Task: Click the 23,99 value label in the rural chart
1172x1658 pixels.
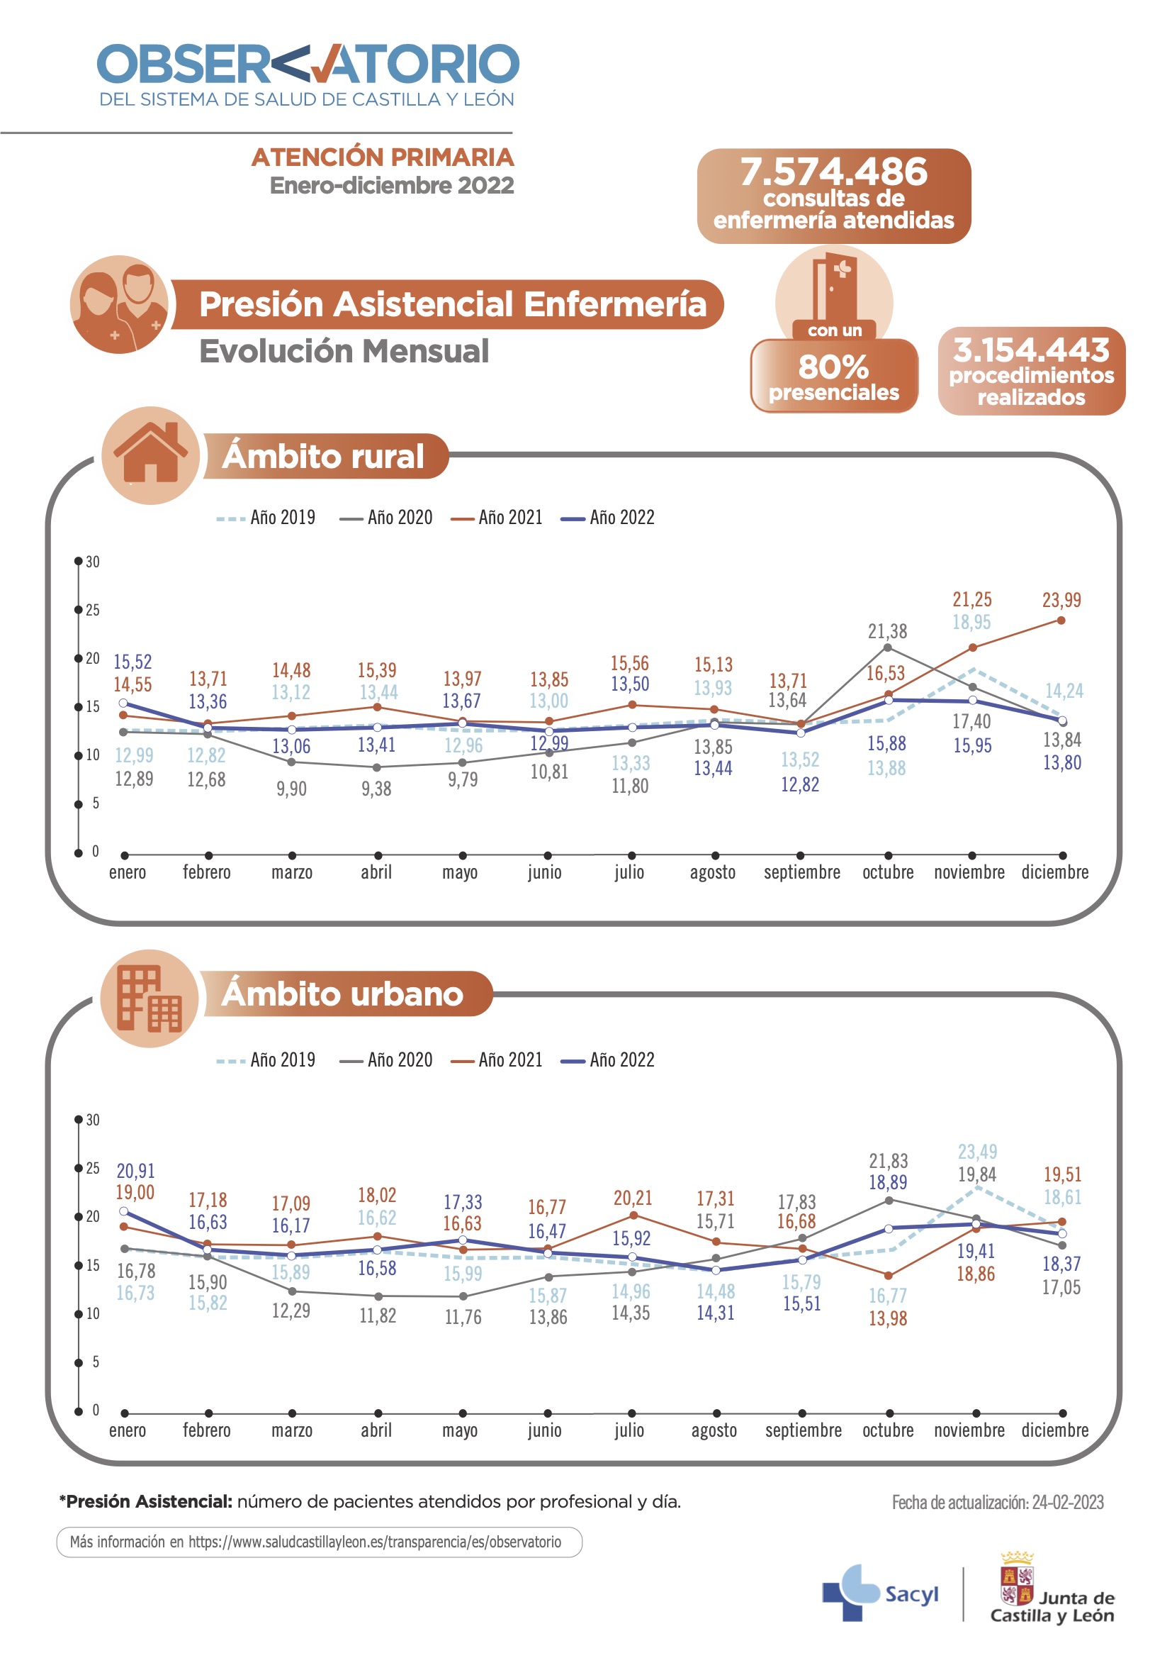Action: pos(1061,600)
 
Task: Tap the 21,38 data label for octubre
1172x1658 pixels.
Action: pos(887,632)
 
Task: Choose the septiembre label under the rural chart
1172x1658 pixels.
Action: pos(802,872)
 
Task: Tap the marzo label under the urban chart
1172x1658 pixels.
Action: pos(291,1430)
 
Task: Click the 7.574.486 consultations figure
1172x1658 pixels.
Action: pos(833,172)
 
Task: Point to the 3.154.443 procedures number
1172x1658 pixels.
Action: pos(1031,350)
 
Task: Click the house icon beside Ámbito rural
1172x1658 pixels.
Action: pos(150,455)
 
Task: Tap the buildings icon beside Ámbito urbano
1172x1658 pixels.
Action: pos(150,998)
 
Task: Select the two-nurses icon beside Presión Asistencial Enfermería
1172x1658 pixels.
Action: pos(119,304)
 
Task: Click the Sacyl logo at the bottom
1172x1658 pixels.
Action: pos(880,1593)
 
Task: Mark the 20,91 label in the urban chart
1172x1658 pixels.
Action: pos(135,1171)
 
